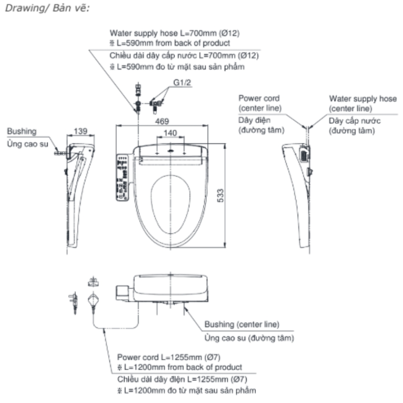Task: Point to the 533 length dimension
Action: pyautogui.click(x=229, y=196)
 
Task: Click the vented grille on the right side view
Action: pyautogui.click(x=304, y=154)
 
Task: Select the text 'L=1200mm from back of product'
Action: pyautogui.click(x=182, y=368)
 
